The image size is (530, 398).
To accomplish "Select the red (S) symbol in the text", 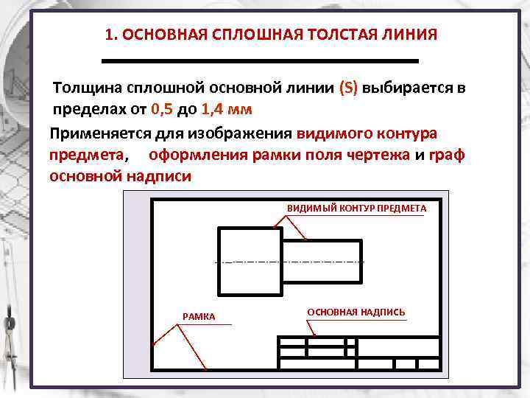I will pyautogui.click(x=348, y=88).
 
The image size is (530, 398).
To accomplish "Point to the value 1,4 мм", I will pyautogui.click(x=226, y=110).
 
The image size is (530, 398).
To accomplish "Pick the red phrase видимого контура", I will pyautogui.click(x=366, y=134).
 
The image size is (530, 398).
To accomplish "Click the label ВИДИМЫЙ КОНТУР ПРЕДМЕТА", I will pyautogui.click(x=356, y=209).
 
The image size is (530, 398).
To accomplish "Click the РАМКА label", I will pyautogui.click(x=199, y=317).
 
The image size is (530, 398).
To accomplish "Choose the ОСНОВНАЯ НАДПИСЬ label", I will pyautogui.click(x=356, y=313).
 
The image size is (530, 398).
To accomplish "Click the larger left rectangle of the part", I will pyautogui.click(x=250, y=262).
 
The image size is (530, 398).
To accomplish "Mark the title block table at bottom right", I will pyautogui.click(x=358, y=354).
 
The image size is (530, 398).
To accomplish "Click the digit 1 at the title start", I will pyautogui.click(x=109, y=35).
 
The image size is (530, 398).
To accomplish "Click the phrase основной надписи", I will pyautogui.click(x=120, y=177).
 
